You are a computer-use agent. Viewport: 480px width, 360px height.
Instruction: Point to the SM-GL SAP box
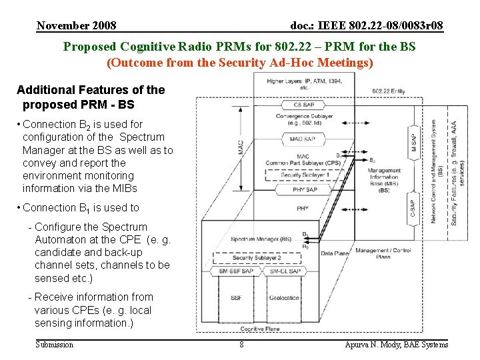285,271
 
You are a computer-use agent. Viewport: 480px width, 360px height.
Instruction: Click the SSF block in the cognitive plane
237,298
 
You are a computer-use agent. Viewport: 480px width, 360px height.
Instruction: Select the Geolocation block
285,298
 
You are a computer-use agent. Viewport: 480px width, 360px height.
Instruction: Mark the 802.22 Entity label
389,90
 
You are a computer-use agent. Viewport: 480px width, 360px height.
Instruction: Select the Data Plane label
335,253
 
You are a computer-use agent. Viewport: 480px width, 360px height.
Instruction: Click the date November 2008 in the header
77,26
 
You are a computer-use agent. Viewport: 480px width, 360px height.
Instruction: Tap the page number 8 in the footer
241,345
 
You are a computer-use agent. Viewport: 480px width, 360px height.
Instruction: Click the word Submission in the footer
54,345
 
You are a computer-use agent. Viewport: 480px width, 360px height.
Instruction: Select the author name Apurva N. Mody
396,345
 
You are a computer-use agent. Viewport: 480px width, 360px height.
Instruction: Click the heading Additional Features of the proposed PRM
90,97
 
